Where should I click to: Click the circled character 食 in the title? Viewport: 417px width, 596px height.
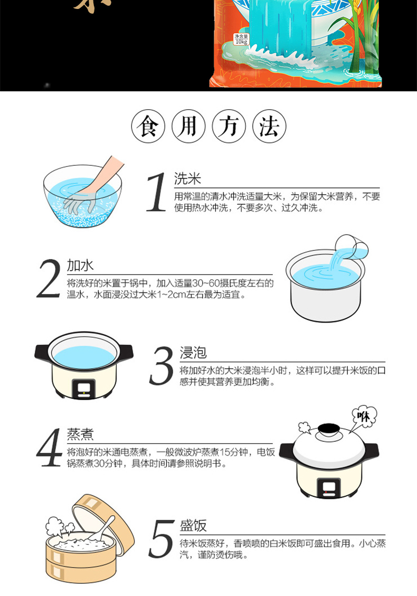click(x=148, y=126)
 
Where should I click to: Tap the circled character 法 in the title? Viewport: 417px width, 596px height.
click(x=269, y=126)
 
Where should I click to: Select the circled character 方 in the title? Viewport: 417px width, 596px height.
click(x=229, y=126)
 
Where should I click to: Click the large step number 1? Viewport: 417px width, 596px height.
click(x=157, y=192)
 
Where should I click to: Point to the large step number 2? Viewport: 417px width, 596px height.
click(x=49, y=278)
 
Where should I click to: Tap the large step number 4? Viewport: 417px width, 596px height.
click(x=49, y=447)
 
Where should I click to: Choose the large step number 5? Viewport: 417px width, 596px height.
click(x=161, y=538)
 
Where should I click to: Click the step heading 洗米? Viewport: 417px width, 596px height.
click(x=187, y=178)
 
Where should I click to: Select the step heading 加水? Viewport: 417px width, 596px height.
click(x=80, y=265)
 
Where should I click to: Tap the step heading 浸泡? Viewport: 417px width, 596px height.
click(x=193, y=352)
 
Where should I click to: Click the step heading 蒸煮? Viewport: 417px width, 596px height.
click(x=80, y=434)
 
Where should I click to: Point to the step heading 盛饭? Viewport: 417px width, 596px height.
click(x=193, y=525)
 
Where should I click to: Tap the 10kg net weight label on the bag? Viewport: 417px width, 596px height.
click(x=241, y=39)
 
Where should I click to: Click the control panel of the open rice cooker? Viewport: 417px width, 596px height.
click(x=84, y=389)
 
